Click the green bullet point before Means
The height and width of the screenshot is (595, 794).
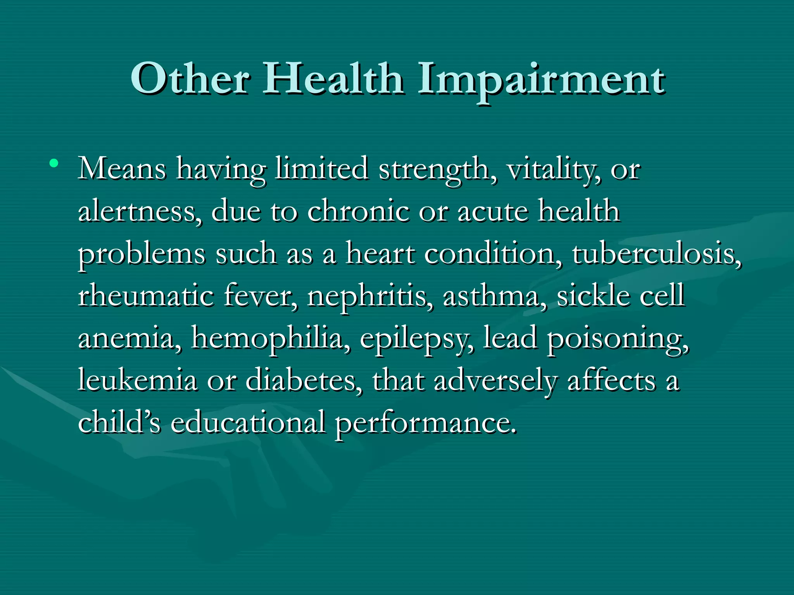click(54, 163)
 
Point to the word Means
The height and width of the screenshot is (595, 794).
click(122, 169)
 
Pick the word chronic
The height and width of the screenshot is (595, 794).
click(358, 212)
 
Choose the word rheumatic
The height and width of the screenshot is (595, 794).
click(146, 296)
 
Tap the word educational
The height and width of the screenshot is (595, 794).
click(248, 423)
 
